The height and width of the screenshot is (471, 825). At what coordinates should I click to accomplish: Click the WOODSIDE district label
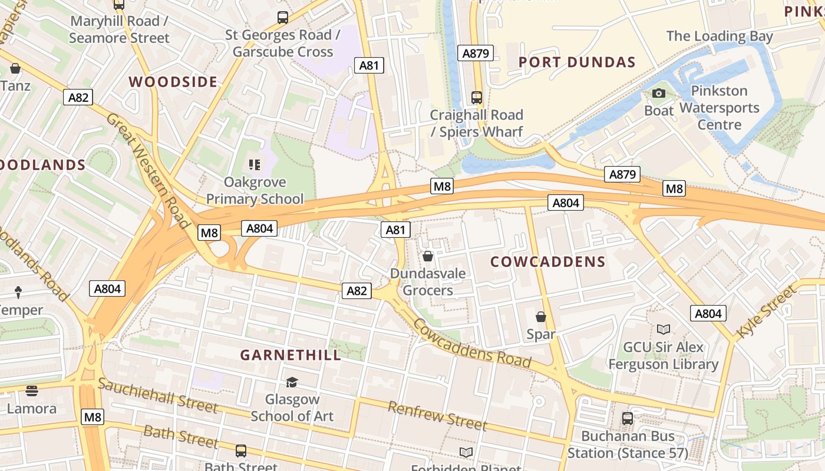click(x=173, y=82)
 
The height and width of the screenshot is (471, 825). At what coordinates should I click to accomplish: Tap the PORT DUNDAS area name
click(x=577, y=62)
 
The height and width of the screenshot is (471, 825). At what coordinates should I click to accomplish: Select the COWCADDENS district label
click(x=548, y=262)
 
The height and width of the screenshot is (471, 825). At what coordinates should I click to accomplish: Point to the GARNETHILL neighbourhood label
click(x=291, y=355)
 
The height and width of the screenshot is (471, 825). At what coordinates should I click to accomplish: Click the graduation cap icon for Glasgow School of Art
click(x=292, y=383)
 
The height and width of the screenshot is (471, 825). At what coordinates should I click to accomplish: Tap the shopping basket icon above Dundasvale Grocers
click(x=428, y=256)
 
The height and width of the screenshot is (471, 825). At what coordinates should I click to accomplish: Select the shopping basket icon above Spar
click(x=541, y=317)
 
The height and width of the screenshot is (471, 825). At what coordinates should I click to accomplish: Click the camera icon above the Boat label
click(x=659, y=93)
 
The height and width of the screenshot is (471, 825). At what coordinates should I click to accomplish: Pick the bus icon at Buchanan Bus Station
click(x=628, y=419)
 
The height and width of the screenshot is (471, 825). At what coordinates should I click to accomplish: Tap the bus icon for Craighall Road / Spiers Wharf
click(x=477, y=97)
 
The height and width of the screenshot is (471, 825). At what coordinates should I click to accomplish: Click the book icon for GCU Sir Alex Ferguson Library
click(x=664, y=330)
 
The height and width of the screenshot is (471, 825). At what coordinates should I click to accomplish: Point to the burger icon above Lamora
click(x=32, y=390)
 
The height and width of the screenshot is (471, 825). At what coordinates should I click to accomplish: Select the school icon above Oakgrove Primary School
click(x=255, y=164)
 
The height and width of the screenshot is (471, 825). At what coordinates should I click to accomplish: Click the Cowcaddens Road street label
click(x=471, y=343)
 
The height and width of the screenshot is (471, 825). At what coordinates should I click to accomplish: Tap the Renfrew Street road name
click(x=437, y=416)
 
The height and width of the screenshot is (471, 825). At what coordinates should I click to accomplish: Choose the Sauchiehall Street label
click(x=158, y=395)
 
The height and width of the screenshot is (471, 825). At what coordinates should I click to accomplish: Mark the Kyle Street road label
click(x=766, y=312)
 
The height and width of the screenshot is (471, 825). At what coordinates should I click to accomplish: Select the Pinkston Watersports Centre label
click(x=719, y=108)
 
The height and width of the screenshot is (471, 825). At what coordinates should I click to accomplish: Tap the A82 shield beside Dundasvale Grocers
click(x=357, y=290)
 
